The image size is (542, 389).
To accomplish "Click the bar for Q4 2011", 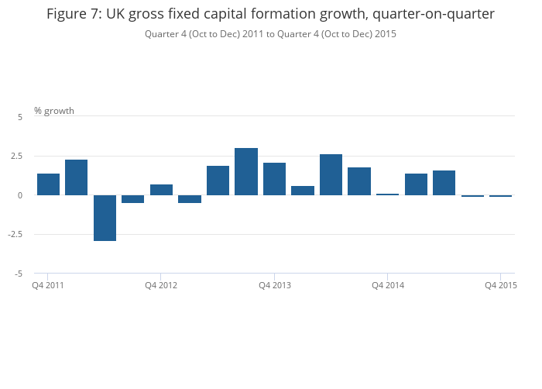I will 48,184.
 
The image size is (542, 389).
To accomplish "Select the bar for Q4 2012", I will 161,190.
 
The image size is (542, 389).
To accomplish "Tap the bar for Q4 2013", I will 275,179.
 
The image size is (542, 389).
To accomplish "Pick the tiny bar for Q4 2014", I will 388,194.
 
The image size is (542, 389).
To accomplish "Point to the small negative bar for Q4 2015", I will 501,196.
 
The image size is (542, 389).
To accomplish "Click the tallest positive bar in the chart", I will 246,171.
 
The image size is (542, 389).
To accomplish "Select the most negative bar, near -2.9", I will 105,218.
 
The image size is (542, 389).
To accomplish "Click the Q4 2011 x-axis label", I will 48,285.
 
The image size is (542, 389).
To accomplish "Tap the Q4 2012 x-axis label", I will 161,285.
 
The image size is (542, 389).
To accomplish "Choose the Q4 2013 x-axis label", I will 275,285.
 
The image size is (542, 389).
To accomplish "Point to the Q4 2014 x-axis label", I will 388,285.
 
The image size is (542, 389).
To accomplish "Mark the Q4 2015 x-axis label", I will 501,285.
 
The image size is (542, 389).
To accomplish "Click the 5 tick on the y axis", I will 20,116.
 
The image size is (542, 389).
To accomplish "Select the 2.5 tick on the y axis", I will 17,156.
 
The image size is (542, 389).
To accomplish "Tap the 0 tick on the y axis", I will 20,195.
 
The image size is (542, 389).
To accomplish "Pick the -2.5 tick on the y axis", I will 15,234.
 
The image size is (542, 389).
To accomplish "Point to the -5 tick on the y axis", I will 19,274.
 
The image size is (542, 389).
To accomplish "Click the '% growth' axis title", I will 54,111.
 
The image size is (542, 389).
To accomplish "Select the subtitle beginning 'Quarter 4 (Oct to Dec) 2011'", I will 270,33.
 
